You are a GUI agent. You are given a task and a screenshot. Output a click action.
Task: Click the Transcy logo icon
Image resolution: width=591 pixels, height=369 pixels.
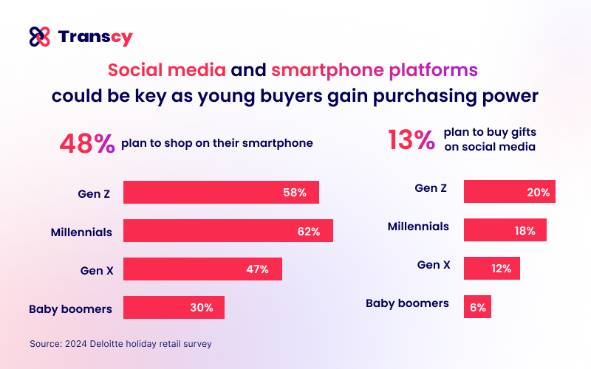click(39, 36)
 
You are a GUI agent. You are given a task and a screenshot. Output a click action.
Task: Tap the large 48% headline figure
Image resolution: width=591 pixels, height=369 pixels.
click(86, 142)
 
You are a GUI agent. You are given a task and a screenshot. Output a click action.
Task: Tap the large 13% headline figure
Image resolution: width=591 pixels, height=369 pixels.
click(411, 139)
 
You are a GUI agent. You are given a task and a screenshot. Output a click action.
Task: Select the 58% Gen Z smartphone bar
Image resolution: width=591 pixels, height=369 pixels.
click(221, 192)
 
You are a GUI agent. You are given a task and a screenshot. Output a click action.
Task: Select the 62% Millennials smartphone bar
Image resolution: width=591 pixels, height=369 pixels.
click(228, 231)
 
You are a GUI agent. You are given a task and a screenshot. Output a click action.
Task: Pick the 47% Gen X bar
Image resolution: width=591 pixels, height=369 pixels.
click(202, 269)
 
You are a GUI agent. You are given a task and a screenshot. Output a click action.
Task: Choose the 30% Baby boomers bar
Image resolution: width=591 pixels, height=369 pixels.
click(174, 308)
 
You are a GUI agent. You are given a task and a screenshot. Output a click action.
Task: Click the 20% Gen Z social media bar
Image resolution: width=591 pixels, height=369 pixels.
click(509, 192)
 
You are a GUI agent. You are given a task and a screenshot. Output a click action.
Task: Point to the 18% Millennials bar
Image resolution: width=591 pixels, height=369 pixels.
click(505, 230)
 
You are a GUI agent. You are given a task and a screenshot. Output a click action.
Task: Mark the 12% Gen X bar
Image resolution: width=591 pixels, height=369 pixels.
click(491, 269)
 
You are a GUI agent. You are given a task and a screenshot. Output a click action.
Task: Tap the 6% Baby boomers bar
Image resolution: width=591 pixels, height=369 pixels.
click(477, 307)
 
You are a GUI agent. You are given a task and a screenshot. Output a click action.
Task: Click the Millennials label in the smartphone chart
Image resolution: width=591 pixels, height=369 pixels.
click(81, 232)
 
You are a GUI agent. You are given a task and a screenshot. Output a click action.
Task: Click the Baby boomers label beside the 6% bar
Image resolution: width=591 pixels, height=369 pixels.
click(407, 303)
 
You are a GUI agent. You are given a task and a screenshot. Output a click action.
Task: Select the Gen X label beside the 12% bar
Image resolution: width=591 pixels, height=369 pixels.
click(433, 264)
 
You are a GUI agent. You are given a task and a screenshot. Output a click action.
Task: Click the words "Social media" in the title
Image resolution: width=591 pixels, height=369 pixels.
click(166, 71)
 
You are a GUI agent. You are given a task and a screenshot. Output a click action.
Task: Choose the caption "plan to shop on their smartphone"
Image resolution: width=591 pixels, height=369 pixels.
click(217, 143)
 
